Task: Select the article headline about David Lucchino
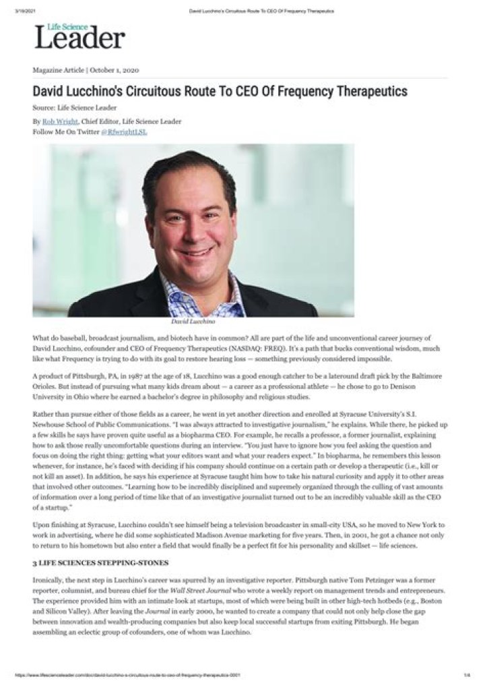pos(220,91)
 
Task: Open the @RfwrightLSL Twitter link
pos(124,131)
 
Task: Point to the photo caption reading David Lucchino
pos(193,322)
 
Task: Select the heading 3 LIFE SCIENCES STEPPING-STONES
pos(100,562)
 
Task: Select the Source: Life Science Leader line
pos(75,107)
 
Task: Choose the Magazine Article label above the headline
pos(59,69)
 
